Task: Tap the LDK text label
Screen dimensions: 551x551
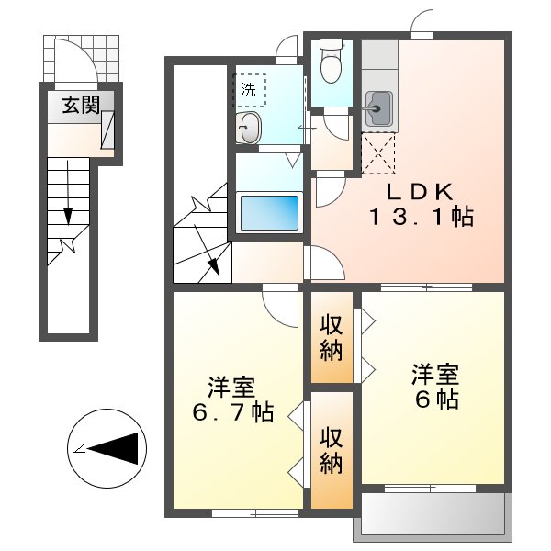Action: (419, 193)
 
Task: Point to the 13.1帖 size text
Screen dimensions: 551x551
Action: (422, 219)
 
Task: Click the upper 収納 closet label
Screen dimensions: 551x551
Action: (332, 337)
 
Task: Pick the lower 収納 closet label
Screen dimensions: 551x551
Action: (332, 451)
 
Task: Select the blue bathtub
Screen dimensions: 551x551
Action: (270, 212)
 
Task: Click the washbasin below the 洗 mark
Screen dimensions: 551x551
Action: (249, 129)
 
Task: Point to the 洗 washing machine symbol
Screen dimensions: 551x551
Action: (250, 90)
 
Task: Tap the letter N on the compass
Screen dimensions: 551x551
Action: (79, 448)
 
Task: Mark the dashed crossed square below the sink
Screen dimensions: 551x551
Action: (377, 152)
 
